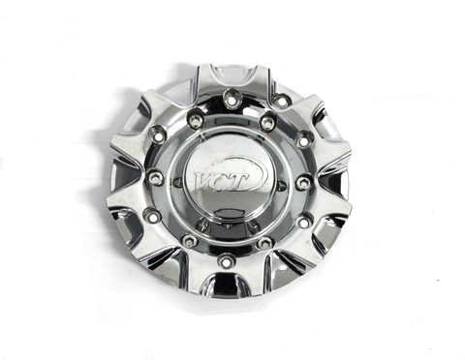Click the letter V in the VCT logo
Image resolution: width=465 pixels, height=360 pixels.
pyautogui.click(x=202, y=182)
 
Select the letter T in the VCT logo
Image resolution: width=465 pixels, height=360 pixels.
pyautogui.click(x=239, y=182)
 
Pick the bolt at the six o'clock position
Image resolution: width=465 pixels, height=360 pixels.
pyautogui.click(x=227, y=259)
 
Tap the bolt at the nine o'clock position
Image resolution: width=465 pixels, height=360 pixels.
pyautogui.click(x=156, y=177)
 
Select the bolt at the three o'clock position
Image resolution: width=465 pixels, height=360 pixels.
pyautogui.click(x=303, y=183)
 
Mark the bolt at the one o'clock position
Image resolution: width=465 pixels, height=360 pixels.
pyautogui.click(x=267, y=122)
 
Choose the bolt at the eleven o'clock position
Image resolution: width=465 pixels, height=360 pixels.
pyautogui.click(x=196, y=119)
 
